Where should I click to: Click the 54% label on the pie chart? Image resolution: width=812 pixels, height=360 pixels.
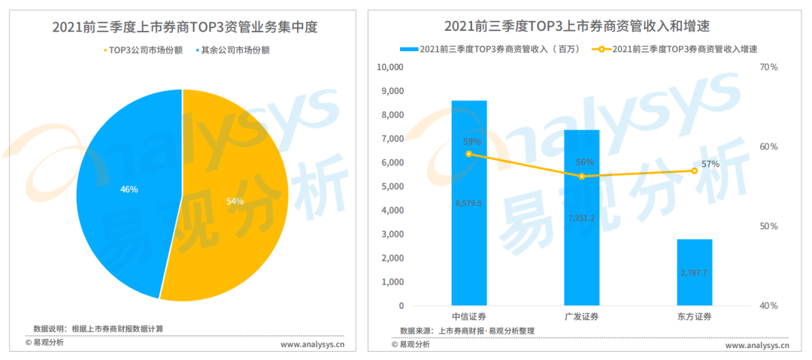(235, 201)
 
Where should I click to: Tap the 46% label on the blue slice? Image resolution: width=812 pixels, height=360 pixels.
(129, 189)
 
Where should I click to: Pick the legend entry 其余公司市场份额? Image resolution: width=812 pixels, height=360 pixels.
(235, 50)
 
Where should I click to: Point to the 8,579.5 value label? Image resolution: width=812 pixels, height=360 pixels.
(468, 203)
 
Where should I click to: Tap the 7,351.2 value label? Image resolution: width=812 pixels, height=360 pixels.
(581, 218)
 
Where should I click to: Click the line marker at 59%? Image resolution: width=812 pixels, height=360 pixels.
(469, 154)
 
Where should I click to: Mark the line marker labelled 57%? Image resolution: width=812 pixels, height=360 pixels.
(694, 171)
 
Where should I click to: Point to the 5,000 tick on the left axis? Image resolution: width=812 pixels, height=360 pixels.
(392, 186)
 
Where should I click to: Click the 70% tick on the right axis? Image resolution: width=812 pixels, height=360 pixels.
(768, 68)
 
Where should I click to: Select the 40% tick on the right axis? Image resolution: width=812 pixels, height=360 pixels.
(768, 306)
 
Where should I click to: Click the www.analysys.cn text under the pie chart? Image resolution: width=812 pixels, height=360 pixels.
(312, 346)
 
